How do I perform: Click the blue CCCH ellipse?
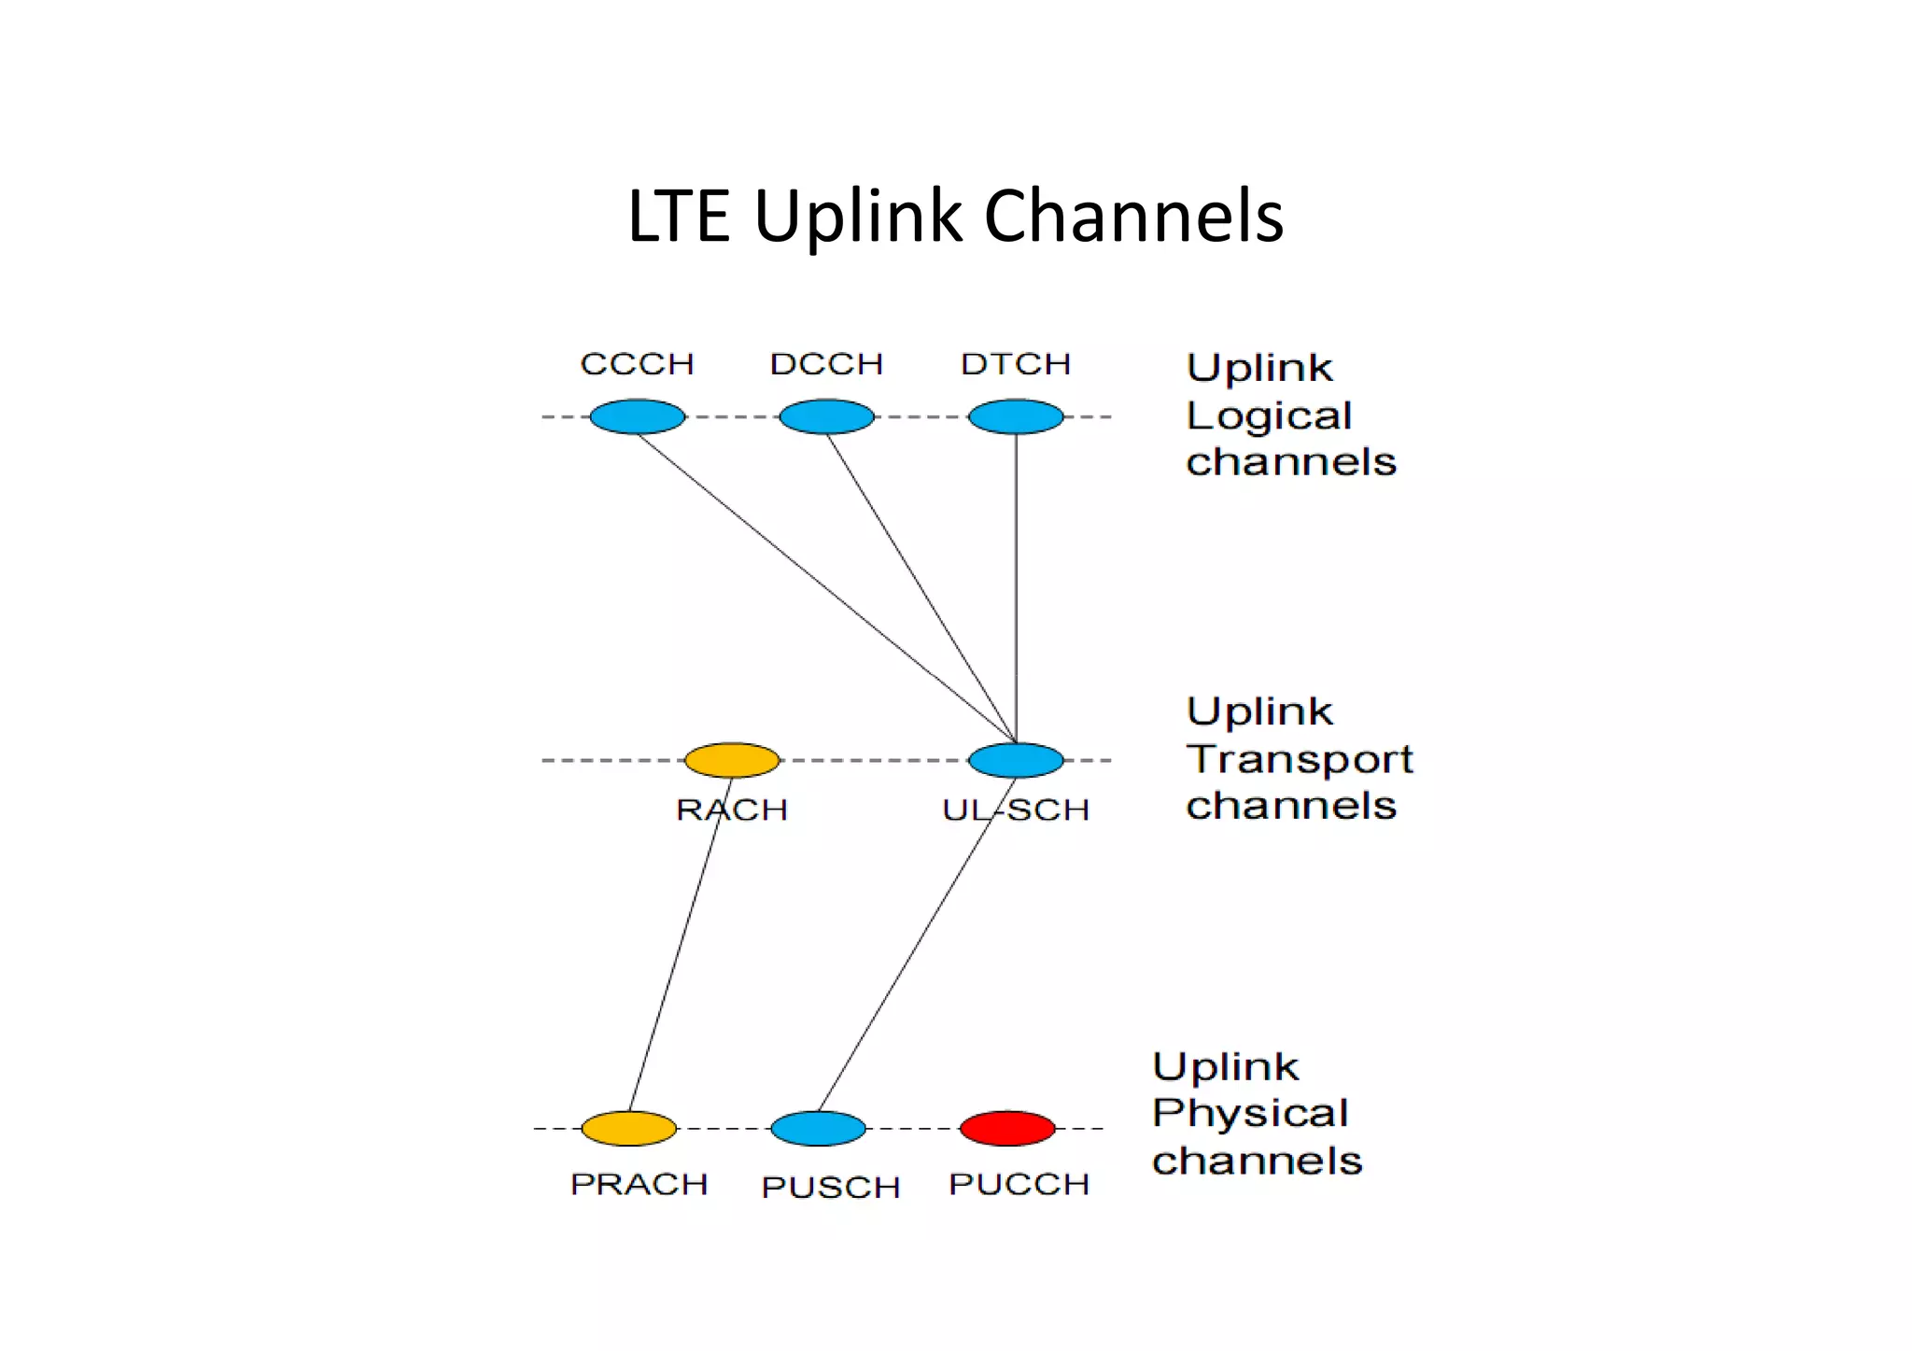637,416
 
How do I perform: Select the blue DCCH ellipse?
826,416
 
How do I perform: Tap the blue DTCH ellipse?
1016,416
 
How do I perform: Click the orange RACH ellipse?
732,760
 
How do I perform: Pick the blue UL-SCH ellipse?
1016,760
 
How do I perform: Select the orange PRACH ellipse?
628,1128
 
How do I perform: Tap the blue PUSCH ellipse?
818,1128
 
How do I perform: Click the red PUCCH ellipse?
1007,1128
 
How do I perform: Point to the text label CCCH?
637,363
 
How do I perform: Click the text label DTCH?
1016,363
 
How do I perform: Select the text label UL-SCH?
1016,809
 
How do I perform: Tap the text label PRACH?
640,1184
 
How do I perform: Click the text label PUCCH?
1019,1184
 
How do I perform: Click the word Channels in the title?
1133,217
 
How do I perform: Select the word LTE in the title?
678,217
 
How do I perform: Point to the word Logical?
1269,415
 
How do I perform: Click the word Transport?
1300,759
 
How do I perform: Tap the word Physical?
1250,1113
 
